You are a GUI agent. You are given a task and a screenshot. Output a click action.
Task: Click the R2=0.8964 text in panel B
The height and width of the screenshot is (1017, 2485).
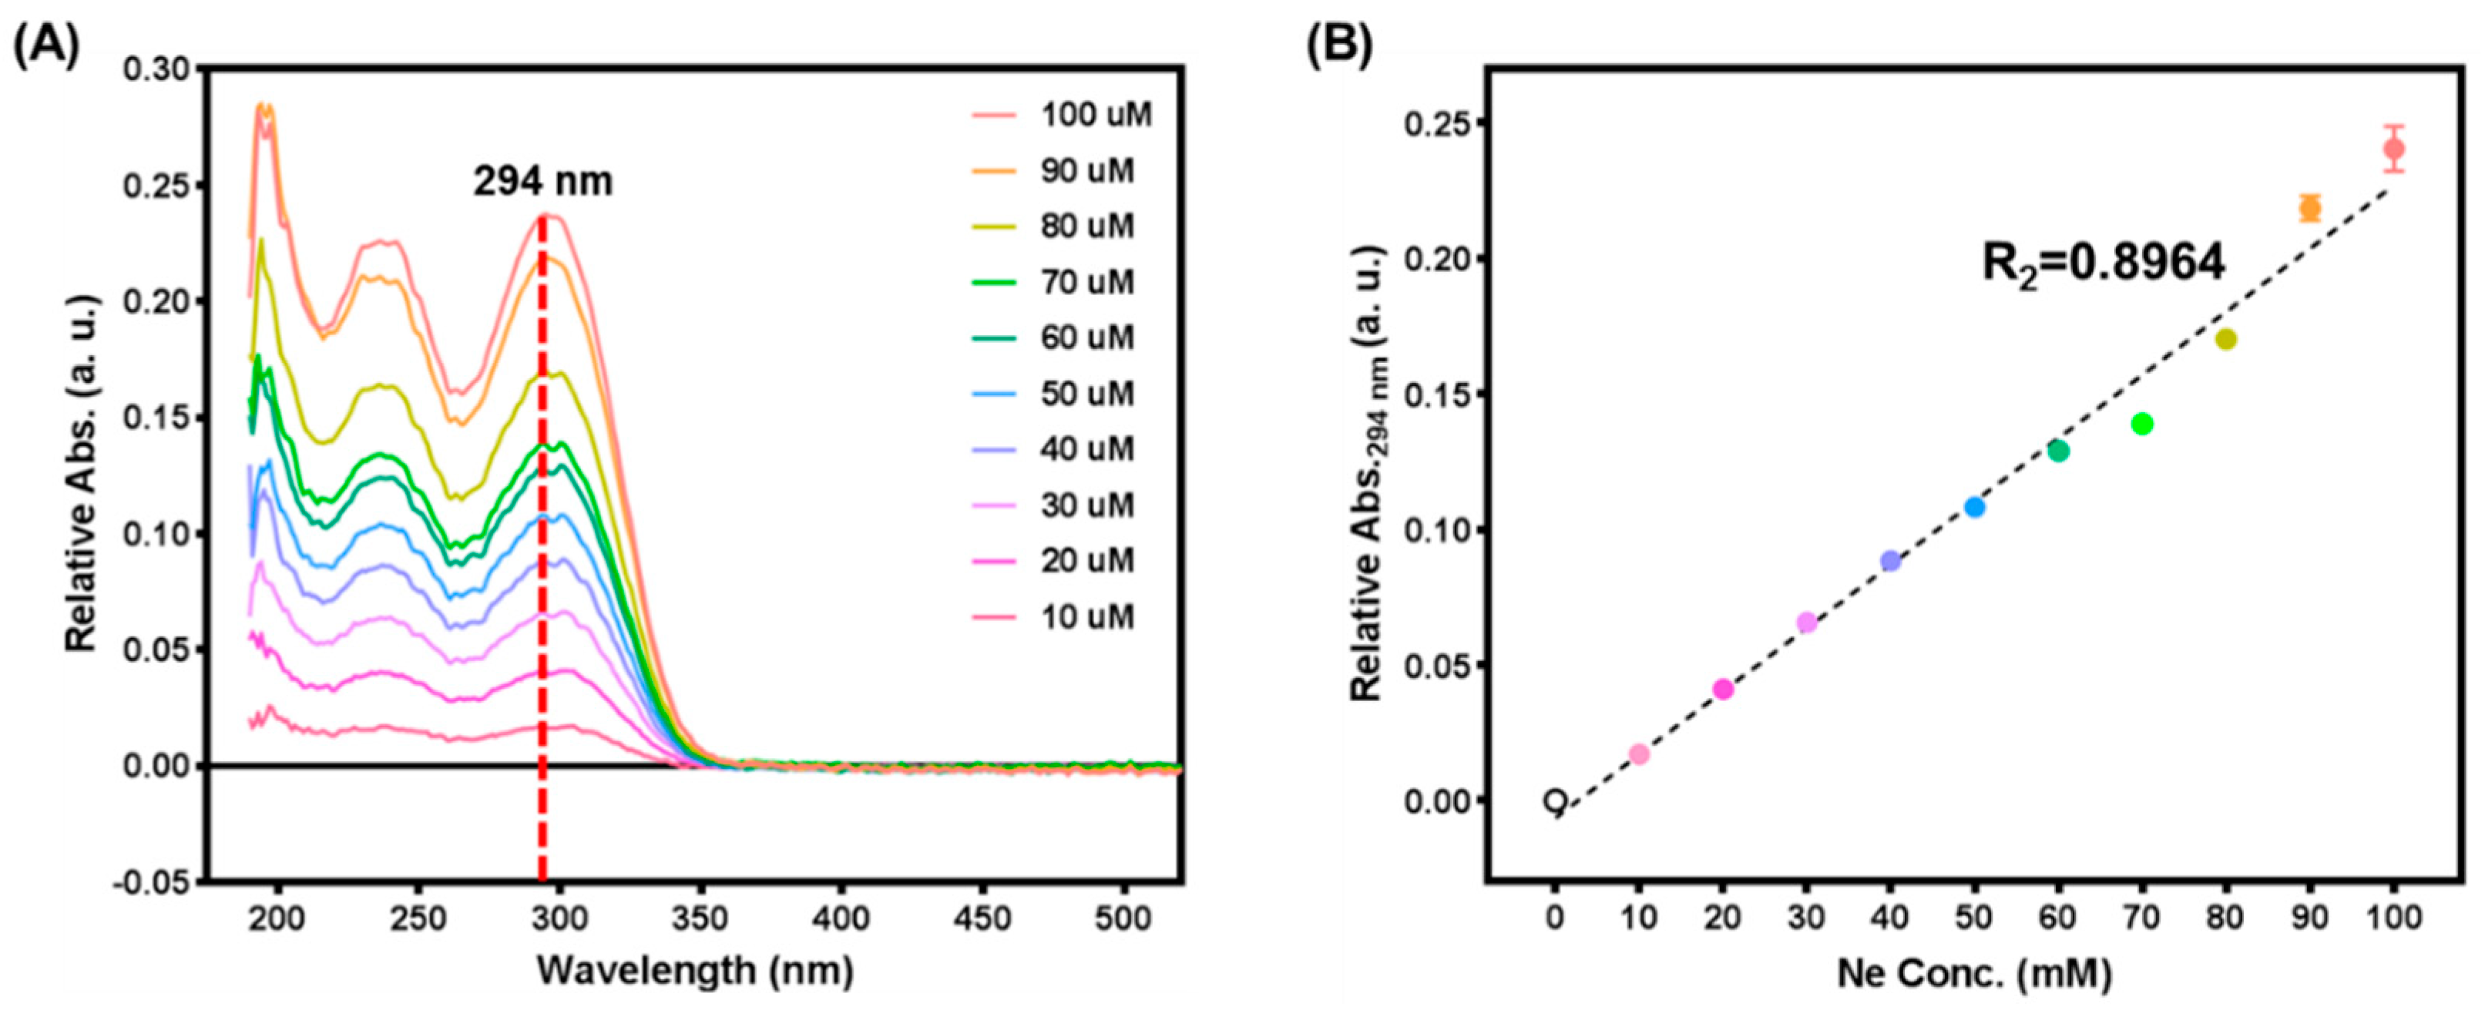click(2103, 261)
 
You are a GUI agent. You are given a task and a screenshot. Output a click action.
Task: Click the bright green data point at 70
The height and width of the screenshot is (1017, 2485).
click(2143, 424)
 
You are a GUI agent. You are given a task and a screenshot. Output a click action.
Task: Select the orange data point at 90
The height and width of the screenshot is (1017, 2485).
click(2310, 207)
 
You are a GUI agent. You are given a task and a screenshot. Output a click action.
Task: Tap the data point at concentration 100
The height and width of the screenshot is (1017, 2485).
click(2393, 149)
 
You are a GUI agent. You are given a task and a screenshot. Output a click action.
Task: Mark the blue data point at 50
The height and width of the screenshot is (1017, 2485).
click(1975, 506)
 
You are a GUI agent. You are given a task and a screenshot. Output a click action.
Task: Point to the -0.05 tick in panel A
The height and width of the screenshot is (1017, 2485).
click(156, 882)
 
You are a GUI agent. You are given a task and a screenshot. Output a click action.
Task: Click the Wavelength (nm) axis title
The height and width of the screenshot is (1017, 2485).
click(694, 971)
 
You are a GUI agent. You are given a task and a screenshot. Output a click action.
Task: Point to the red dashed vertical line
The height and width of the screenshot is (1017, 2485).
click(542, 579)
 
